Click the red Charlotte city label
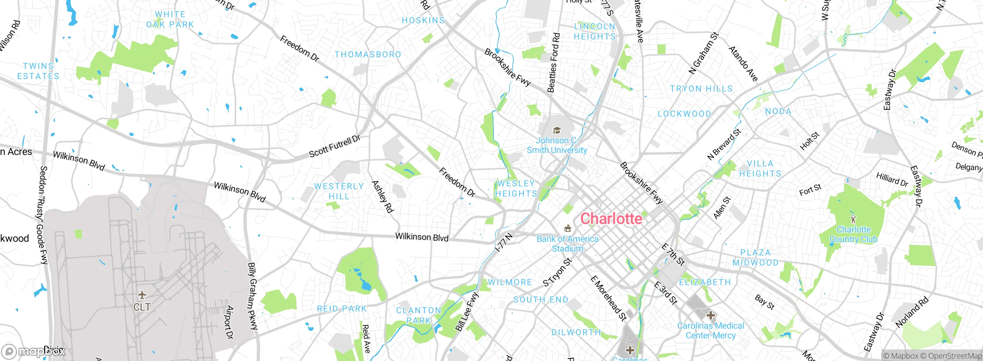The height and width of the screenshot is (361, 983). click(611, 219)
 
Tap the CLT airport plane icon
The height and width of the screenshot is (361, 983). click(142, 295)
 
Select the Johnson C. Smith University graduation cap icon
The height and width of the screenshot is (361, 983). click(556, 131)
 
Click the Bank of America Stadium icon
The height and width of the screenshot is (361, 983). click(568, 229)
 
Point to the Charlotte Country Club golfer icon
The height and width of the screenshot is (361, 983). click(853, 219)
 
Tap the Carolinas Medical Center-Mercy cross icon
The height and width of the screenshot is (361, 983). click(710, 315)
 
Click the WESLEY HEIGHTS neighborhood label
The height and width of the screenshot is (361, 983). click(516, 189)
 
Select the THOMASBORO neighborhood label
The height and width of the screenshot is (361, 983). click(367, 55)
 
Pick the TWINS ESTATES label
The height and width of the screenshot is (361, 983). click(38, 71)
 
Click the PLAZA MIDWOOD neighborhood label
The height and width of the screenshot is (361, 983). click(755, 258)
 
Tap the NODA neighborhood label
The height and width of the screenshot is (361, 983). click(778, 111)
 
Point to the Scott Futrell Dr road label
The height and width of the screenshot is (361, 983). click(334, 146)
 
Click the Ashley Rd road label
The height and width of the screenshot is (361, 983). click(382, 197)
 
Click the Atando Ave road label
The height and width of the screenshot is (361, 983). click(743, 64)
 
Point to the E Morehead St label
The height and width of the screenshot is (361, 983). click(608, 298)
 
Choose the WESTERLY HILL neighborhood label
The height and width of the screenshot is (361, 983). click(339, 191)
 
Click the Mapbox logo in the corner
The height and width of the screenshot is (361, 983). click(33, 351)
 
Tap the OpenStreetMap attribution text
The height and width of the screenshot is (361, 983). click(954, 356)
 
